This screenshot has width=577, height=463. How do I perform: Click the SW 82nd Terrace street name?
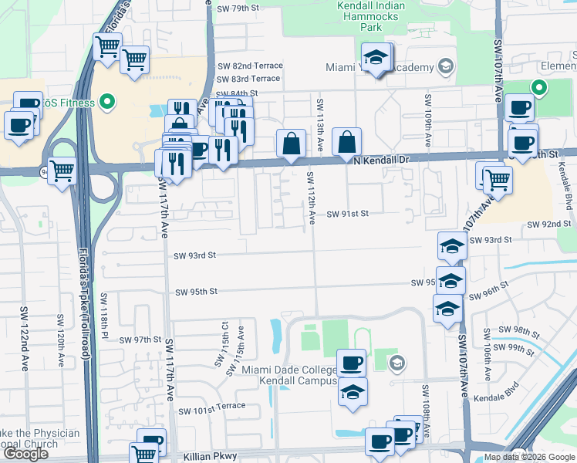tap(250, 66)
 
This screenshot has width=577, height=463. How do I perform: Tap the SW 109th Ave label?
tap(427, 120)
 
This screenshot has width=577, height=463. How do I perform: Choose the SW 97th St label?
tap(137, 340)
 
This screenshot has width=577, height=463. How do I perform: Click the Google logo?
tap(25, 454)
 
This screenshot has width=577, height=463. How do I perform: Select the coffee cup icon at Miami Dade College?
tap(353, 362)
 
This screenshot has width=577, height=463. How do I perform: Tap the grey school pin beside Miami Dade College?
tap(396, 363)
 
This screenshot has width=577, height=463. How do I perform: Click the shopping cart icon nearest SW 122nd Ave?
tap(62, 171)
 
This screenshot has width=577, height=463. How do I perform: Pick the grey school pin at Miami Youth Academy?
tap(445, 67)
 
